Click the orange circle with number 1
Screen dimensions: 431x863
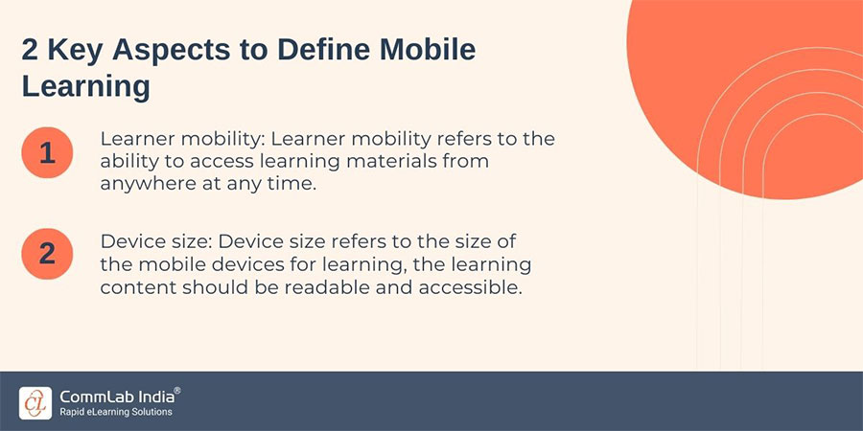[x=47, y=152]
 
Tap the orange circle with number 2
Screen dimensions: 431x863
[x=47, y=254]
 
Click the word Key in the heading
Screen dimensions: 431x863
[x=71, y=51]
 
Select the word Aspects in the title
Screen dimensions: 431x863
[x=162, y=51]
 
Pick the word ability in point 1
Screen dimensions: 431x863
[x=126, y=162]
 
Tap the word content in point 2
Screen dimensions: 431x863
[x=135, y=287]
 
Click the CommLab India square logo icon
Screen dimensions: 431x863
[x=35, y=402]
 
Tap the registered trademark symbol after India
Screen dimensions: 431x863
[x=176, y=391]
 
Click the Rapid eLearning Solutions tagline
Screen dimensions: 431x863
[x=116, y=412]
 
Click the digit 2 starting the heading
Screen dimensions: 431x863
[x=30, y=51]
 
